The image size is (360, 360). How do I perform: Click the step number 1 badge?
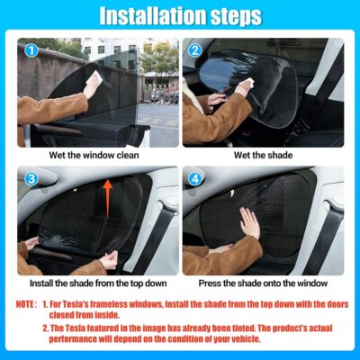(30, 50)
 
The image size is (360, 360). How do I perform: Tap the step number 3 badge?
(30, 179)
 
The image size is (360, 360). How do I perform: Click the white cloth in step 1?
(92, 87)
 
